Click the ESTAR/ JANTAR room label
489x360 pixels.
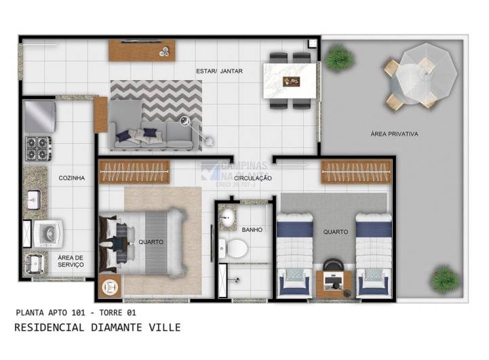[x=219, y=71]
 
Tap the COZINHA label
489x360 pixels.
[x=71, y=178]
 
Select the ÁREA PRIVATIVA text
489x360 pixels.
[x=394, y=134]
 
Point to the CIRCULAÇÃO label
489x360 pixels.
[x=253, y=178]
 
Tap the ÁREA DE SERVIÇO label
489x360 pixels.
[x=71, y=261]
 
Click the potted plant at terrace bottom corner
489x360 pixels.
[x=444, y=278]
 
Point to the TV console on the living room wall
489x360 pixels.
[x=143, y=49]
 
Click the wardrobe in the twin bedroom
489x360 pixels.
[x=357, y=172]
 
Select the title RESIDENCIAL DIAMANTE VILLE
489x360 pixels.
[x=98, y=327]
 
